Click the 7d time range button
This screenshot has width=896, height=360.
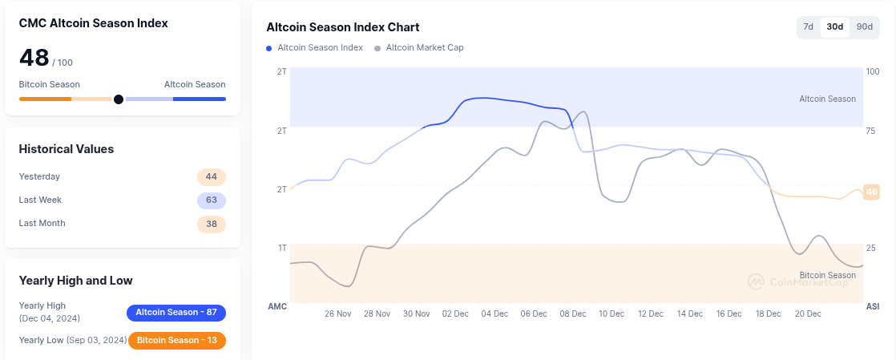[x=809, y=27]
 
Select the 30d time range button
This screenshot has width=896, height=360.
[x=835, y=27]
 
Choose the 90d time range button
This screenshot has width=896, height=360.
[x=864, y=27]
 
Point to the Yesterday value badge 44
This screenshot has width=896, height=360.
[x=212, y=177]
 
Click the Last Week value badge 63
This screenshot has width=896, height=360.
[x=212, y=200]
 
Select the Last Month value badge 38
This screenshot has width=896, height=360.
[x=212, y=224]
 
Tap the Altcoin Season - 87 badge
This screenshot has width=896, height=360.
[x=176, y=312]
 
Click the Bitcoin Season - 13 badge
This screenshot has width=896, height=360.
[x=177, y=341]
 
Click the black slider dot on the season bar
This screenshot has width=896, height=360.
[x=119, y=99]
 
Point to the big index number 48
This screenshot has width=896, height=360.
[x=34, y=58]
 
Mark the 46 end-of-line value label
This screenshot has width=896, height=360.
[x=872, y=192]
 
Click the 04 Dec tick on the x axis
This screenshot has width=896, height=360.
[x=494, y=314]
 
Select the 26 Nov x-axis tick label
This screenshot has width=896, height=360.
[x=338, y=314]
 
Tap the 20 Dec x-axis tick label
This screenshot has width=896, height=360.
[x=807, y=314]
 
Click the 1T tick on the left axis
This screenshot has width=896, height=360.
[x=282, y=249]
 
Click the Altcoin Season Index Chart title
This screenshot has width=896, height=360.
[x=343, y=28]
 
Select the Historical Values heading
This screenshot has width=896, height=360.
[x=67, y=149]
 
